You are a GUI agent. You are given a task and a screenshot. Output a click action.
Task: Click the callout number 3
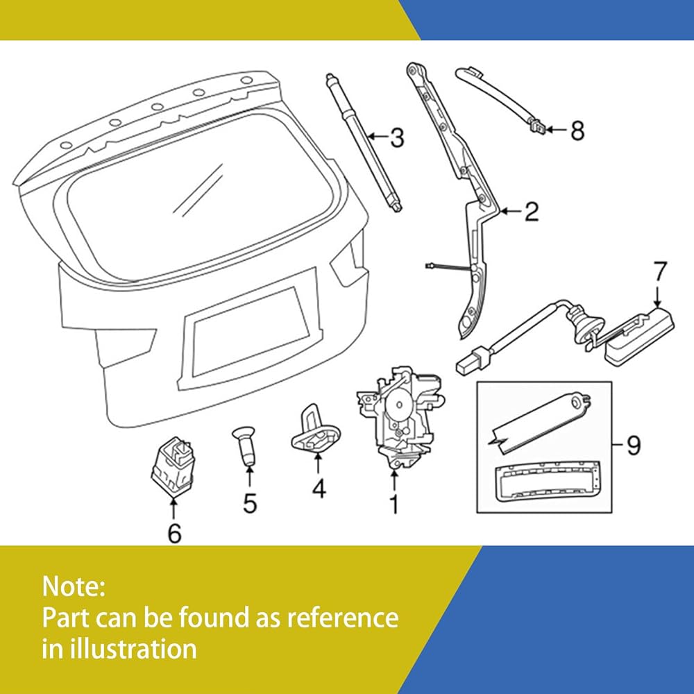[x=396, y=138]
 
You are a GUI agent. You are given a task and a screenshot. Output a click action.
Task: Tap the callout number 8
[x=577, y=130]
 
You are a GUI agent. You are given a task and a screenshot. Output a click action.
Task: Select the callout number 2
[x=531, y=212]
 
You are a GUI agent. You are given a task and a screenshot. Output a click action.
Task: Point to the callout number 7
[x=659, y=271]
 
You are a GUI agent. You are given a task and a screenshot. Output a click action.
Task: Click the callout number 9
[x=633, y=445]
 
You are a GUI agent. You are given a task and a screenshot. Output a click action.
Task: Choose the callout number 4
[x=319, y=489]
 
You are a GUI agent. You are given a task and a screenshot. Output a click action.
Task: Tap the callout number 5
[x=250, y=502]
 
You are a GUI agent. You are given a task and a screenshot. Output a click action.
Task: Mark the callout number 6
[x=174, y=533]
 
